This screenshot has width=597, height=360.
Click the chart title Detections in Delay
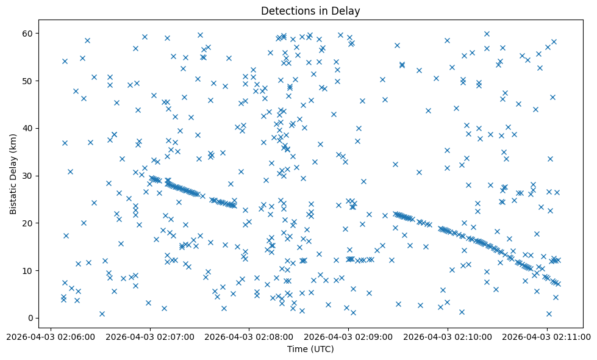pos(310,10)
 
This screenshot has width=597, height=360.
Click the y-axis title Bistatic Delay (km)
pos(13,168)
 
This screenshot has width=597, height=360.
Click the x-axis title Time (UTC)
pos(310,349)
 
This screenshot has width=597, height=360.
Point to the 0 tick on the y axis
pos(30,318)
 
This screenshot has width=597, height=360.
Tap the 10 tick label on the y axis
pos(28,270)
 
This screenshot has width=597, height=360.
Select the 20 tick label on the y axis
pos(28,223)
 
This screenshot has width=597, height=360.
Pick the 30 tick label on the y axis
pos(28,176)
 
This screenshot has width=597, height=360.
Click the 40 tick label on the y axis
pos(28,128)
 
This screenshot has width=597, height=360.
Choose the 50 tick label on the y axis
pos(28,81)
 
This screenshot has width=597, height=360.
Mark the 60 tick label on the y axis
pos(28,33)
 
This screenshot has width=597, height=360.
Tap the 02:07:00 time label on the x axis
pos(150,336)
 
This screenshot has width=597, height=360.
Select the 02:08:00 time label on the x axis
pos(249,336)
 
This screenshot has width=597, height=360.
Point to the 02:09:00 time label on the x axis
pos(348,336)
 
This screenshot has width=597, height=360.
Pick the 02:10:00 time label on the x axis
pos(448,336)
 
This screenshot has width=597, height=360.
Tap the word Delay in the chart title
pos(347,10)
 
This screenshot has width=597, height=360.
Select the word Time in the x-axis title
pos(298,349)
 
